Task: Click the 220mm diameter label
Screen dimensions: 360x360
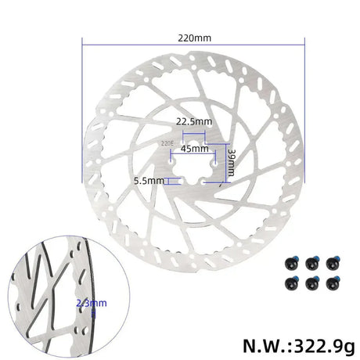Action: click(x=193, y=36)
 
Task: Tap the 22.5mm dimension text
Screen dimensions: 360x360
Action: click(x=193, y=122)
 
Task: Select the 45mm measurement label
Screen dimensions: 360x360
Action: click(x=194, y=147)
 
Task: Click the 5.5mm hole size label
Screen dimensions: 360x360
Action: click(x=149, y=180)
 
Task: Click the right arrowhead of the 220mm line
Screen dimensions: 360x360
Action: click(x=303, y=45)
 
